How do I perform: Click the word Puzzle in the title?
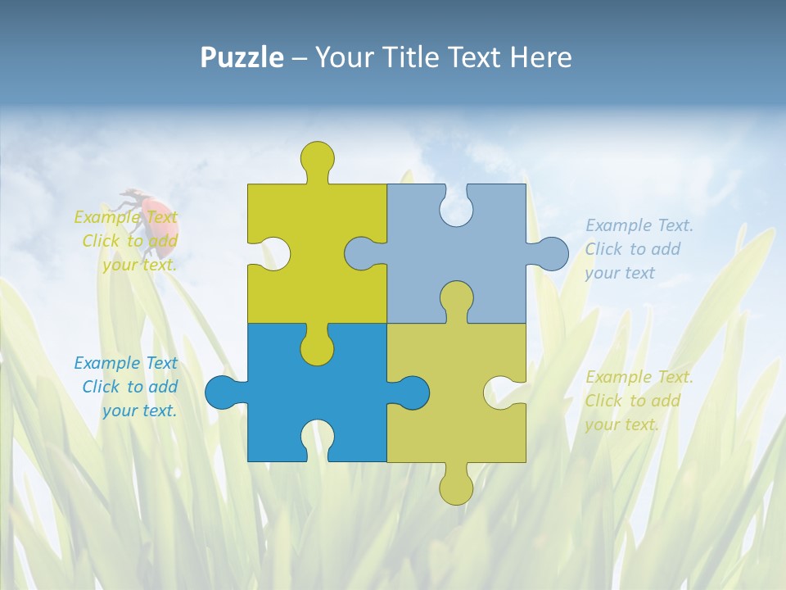(x=242, y=57)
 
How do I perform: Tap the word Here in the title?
(x=540, y=57)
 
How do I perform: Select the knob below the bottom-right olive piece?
(x=456, y=487)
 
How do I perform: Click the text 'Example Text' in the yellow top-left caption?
(x=126, y=217)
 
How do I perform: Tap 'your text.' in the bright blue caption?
(x=139, y=411)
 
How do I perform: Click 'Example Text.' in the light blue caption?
(x=639, y=225)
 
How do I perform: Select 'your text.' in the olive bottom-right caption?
(x=621, y=424)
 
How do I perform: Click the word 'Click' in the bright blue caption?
(x=102, y=387)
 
